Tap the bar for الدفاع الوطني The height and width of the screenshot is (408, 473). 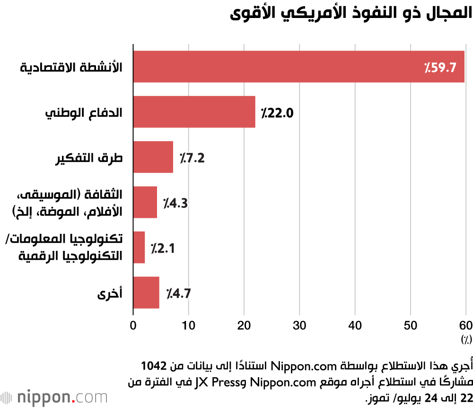[x=194, y=112]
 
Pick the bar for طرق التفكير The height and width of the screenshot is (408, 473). [x=153, y=157]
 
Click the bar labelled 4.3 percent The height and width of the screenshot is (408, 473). [x=145, y=202]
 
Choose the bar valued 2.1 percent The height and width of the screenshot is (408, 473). [x=139, y=247]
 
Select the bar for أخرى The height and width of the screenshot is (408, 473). [x=146, y=293]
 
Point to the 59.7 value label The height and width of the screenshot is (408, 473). [x=440, y=68]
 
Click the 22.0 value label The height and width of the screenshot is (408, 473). [x=278, y=113]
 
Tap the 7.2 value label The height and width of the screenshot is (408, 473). [x=192, y=158]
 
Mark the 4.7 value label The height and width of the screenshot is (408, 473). [x=178, y=293]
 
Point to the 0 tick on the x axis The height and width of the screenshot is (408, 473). [x=133, y=325]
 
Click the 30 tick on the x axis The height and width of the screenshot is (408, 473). [x=299, y=325]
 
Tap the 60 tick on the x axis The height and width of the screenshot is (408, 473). [x=465, y=325]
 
